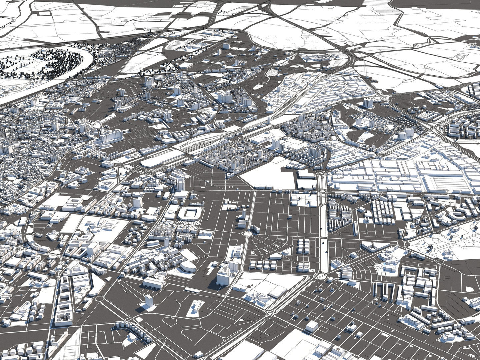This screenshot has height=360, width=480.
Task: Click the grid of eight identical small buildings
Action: point(263,265)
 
